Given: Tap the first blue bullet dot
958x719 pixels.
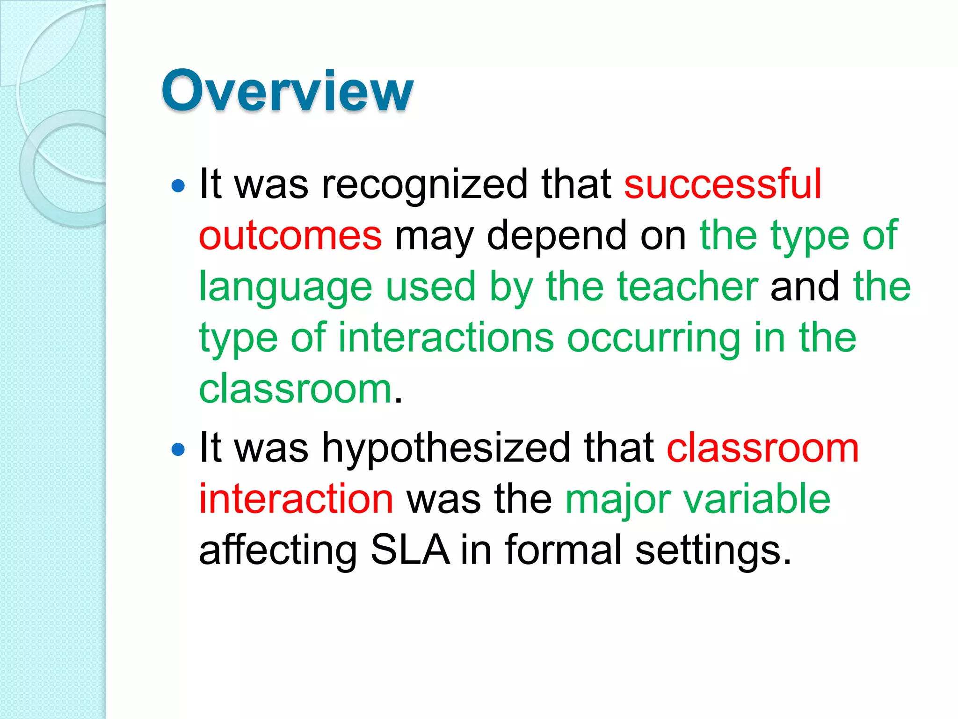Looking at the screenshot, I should coord(178,186).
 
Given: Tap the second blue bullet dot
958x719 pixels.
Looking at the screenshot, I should coord(178,450).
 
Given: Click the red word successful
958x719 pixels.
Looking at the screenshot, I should coord(723,184).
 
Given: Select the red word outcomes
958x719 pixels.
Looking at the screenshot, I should coord(290,235).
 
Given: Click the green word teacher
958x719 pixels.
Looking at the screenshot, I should coord(687,286).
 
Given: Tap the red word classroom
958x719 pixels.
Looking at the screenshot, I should coord(762,448).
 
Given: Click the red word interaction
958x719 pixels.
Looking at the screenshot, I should coord(296,499).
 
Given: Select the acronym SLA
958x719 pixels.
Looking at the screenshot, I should coord(410,550).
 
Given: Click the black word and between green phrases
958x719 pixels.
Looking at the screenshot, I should coord(805,286).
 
